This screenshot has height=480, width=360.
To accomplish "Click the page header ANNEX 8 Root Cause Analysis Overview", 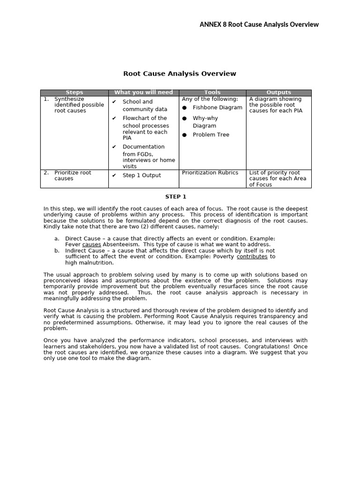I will pos(259,24).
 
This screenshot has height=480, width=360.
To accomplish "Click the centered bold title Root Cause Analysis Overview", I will pos(180,74).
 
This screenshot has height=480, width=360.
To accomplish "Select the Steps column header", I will pos(74,93).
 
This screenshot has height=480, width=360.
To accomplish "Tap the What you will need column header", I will pos(143,93).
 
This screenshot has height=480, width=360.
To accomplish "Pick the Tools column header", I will pos(212,93).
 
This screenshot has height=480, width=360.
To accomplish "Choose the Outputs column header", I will pos(278,93).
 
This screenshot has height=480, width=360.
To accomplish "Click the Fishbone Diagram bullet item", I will pos(217,107).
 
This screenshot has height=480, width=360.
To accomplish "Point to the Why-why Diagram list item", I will pos(205,122).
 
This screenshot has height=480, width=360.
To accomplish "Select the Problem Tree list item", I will pos(211,135).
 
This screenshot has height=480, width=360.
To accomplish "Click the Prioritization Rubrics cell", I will pos(210,172).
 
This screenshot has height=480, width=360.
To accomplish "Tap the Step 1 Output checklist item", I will pos(142,175).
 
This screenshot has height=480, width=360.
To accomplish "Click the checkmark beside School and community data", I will pos(114,102).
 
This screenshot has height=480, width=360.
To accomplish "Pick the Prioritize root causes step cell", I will pos(73,175).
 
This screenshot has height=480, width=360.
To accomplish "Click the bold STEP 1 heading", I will pos(176,197).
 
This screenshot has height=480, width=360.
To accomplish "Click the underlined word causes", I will pos(91,245).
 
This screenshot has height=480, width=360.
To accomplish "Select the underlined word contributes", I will pos(252,257).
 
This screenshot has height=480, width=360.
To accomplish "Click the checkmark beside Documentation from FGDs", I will pos(114,147).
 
